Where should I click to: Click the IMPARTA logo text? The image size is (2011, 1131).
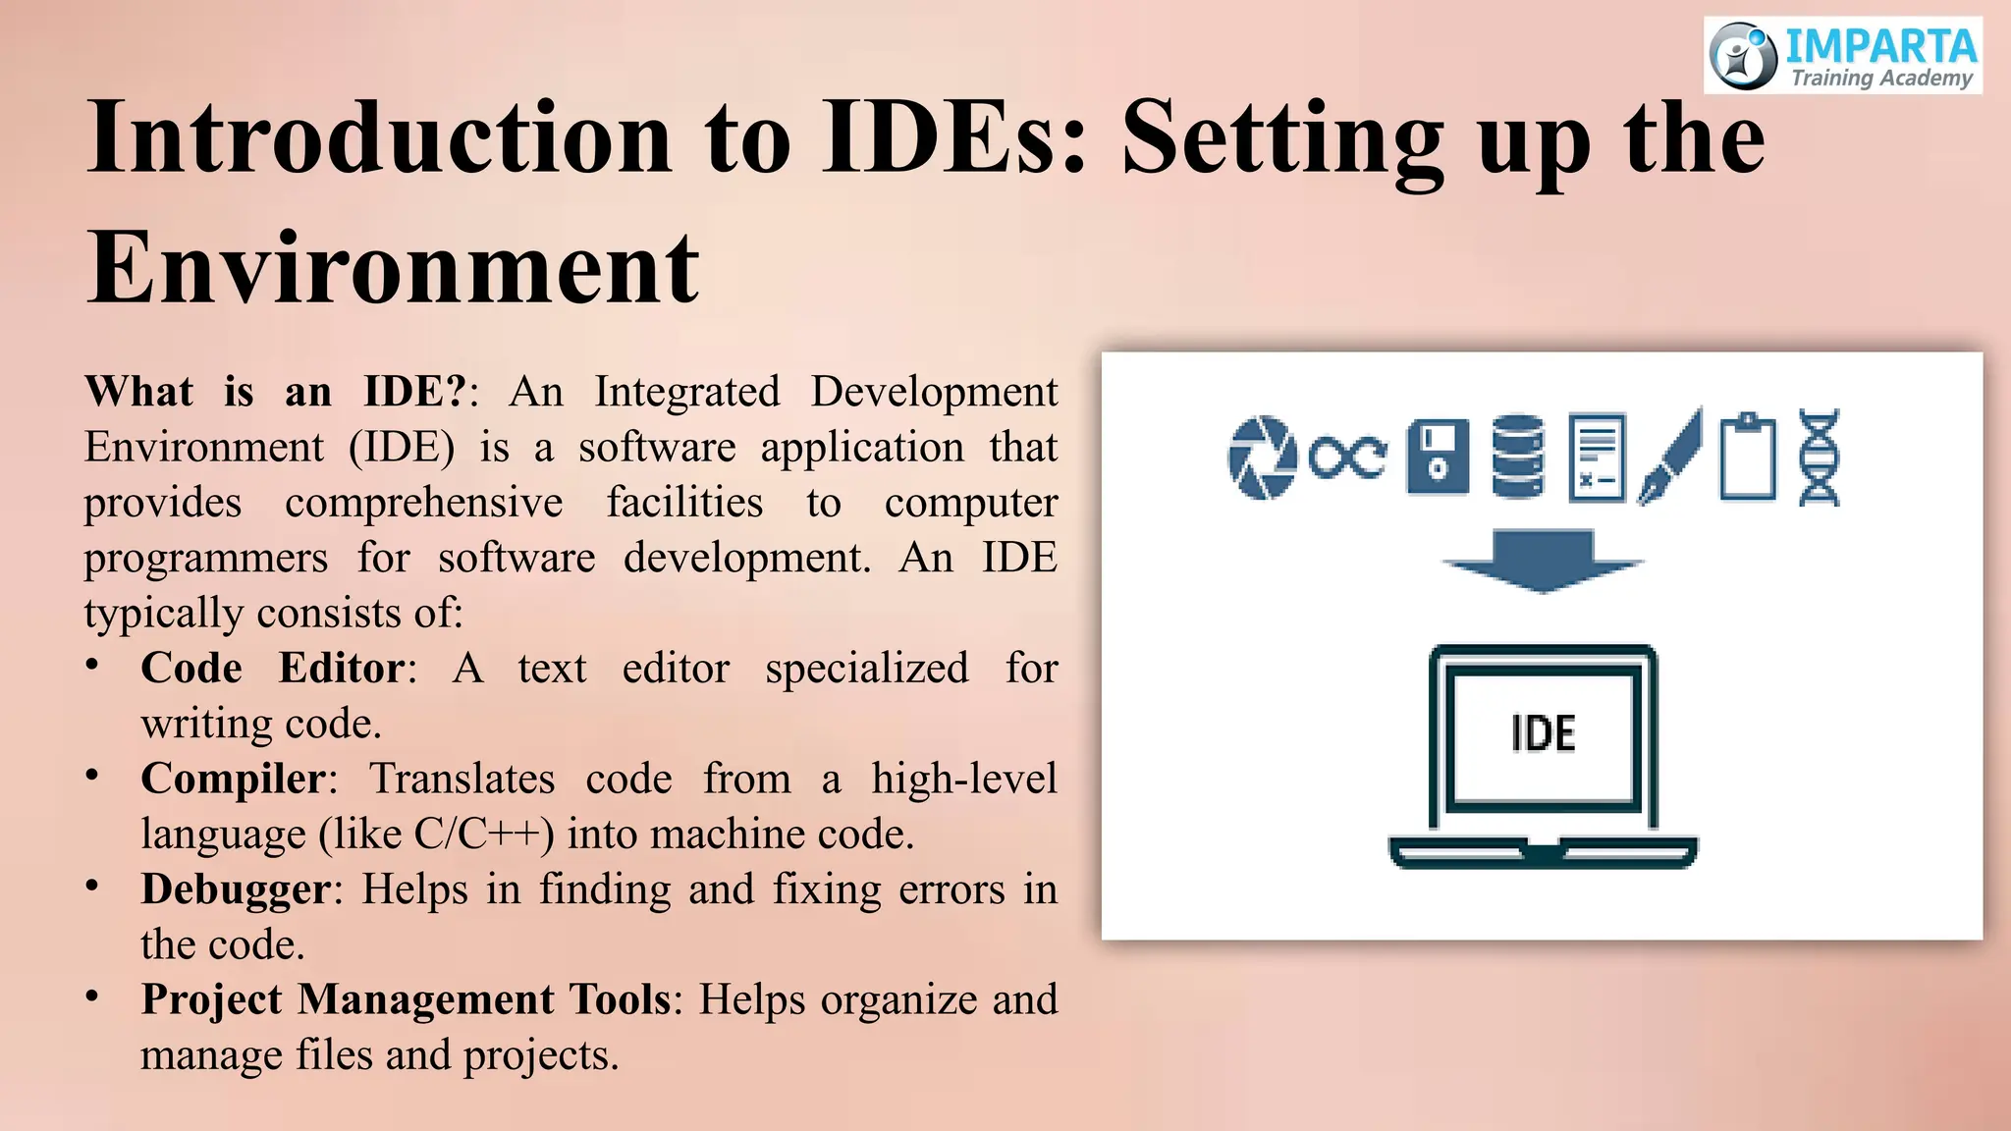click(x=1879, y=45)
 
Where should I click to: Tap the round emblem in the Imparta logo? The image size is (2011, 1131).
click(x=1742, y=56)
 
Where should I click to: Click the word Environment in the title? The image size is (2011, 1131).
click(x=393, y=267)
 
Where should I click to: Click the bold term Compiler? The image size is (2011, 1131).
click(x=233, y=779)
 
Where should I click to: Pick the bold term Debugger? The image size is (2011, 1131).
click(x=236, y=889)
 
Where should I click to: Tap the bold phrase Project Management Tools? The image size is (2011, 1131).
click(x=406, y=999)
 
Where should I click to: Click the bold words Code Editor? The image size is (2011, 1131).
click(x=272, y=669)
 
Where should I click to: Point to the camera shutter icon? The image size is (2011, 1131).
click(x=1262, y=458)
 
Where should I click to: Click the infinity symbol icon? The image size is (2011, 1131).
click(x=1348, y=458)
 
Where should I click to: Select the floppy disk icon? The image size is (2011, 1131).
click(x=1438, y=458)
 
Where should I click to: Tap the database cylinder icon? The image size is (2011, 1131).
click(x=1518, y=458)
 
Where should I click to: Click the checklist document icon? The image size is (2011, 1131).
click(x=1597, y=458)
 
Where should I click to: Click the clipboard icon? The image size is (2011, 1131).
click(x=1748, y=458)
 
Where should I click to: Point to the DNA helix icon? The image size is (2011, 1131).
click(x=1819, y=458)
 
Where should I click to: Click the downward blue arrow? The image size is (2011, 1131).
click(x=1543, y=561)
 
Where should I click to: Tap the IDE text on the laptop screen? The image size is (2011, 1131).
click(x=1544, y=733)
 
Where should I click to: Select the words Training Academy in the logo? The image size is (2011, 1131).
click(x=1881, y=79)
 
